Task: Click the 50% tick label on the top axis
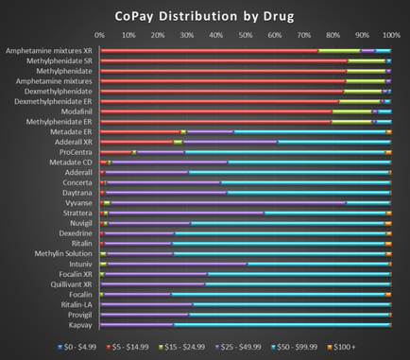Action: (x=245, y=36)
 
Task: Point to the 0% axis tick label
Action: (x=99, y=36)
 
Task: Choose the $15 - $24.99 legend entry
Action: (x=173, y=347)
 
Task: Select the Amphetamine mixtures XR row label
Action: (x=49, y=50)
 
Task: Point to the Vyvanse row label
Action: (x=77, y=202)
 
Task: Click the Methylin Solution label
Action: (x=64, y=253)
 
